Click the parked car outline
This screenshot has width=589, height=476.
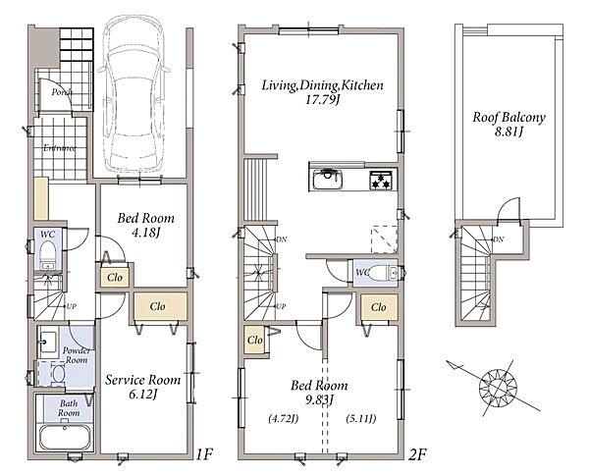click(134, 93)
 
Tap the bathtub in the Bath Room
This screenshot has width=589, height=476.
click(65, 437)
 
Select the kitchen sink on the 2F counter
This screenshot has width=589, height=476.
click(328, 180)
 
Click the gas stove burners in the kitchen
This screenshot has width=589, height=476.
click(381, 180)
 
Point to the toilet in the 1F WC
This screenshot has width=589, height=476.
click(47, 253)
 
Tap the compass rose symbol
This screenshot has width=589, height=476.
click(499, 388)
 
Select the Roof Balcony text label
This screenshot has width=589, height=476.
click(509, 118)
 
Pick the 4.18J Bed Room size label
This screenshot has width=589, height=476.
click(146, 233)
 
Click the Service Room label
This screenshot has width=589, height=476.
click(142, 380)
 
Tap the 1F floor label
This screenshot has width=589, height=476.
click(205, 454)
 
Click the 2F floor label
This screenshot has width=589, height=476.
click(417, 454)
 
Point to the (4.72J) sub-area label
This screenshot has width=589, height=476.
click(284, 418)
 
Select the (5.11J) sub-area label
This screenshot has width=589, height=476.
click(361, 418)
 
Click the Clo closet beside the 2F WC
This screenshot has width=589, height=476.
click(379, 307)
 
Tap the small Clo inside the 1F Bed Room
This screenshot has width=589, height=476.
click(115, 278)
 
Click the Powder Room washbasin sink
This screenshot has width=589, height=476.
click(48, 342)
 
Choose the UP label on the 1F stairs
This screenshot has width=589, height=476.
click(72, 306)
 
